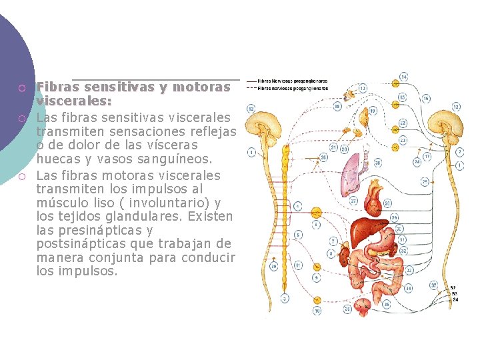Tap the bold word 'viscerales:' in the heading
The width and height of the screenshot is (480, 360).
click(x=74, y=101)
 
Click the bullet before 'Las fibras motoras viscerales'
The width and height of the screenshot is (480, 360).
click(x=22, y=177)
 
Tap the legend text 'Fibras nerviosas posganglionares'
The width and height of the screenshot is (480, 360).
click(x=292, y=87)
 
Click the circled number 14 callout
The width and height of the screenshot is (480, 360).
click(x=404, y=76)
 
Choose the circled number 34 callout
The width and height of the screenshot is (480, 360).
click(x=408, y=288)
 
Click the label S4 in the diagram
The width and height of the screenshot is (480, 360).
click(x=455, y=300)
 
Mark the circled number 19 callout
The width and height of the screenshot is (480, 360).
click(x=373, y=111)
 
